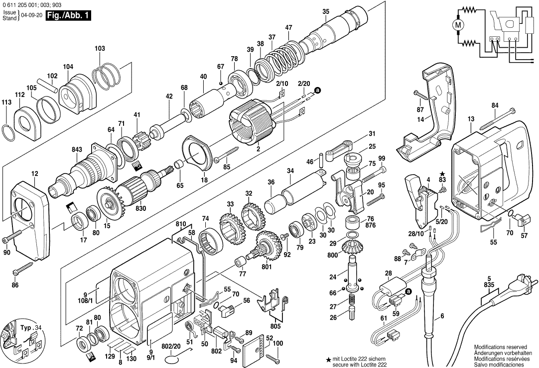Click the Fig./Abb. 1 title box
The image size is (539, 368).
click(68, 16)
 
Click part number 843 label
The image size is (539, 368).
click(77, 149)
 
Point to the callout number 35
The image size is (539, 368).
click(326, 11)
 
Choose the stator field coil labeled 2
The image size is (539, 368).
click(255, 129)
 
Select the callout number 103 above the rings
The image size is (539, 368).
click(100, 48)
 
